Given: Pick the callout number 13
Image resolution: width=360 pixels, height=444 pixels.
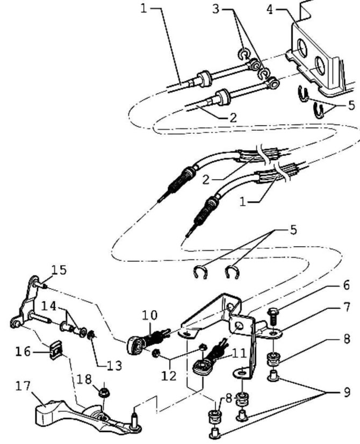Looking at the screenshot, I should point(114,366).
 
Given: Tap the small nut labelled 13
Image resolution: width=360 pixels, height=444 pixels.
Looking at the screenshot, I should point(92,336).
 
